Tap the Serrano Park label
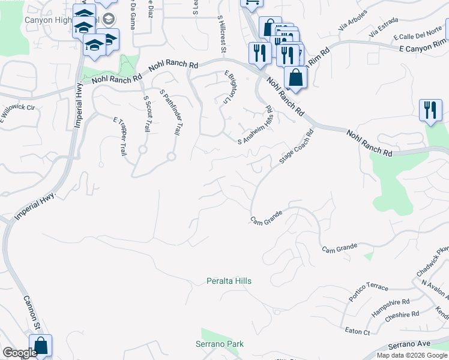pos(220,344)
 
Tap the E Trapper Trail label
pos(119,136)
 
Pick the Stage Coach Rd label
pos(297,148)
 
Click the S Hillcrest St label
pos(221,34)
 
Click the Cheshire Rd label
pos(403,314)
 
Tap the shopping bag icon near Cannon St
pos(40,346)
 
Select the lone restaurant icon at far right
pos(430,110)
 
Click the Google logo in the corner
pos(20,353)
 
